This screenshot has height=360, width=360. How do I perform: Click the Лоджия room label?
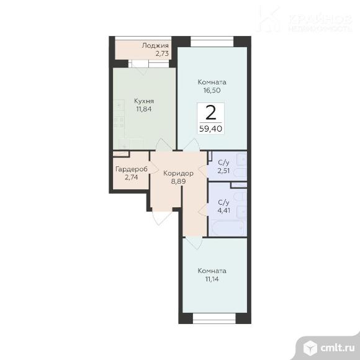(155, 46)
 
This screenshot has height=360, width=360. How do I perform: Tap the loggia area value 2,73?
(162, 53)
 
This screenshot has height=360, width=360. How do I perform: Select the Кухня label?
(144, 101)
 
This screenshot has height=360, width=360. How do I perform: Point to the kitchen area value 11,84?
(144, 109)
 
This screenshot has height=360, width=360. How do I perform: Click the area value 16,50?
(212, 90)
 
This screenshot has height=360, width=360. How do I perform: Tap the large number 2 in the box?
(211, 113)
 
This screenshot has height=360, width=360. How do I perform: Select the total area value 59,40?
(211, 128)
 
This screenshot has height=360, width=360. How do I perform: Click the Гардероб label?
(132, 169)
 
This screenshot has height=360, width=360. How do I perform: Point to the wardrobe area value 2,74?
(132, 178)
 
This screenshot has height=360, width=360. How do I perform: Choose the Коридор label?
(178, 173)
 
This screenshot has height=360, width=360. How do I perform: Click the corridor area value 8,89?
(178, 181)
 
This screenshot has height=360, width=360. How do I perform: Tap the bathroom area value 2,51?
(223, 171)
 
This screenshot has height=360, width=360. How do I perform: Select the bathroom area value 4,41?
(223, 210)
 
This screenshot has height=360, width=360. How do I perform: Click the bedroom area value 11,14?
(212, 279)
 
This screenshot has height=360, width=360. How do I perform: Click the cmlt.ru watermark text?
(337, 348)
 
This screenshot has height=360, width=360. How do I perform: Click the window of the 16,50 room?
(212, 42)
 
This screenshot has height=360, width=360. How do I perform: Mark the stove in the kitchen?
(119, 122)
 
